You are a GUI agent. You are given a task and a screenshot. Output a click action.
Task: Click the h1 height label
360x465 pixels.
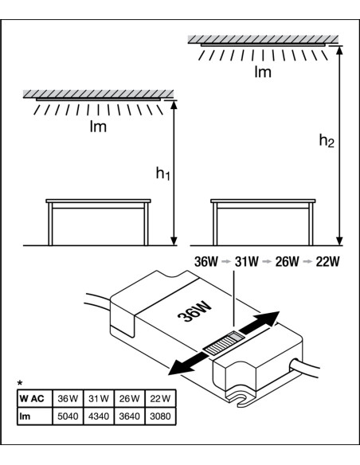[x=162, y=174]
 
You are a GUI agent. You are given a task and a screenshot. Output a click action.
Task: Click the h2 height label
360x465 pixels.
[x=327, y=141]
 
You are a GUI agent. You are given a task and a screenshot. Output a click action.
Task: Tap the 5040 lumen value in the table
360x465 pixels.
[x=68, y=416]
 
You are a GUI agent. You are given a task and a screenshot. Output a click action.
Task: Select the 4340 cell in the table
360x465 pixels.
[x=99, y=416]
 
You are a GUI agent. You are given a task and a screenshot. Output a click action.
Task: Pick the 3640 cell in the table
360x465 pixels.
[x=130, y=416]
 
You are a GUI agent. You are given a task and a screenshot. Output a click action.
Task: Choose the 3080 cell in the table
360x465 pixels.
[x=160, y=416]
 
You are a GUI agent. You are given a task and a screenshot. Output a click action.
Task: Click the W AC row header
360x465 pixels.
[x=32, y=398]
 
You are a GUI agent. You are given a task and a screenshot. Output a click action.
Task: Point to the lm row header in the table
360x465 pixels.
[x=25, y=416]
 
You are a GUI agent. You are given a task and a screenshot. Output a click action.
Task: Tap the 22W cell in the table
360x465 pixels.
[x=160, y=398]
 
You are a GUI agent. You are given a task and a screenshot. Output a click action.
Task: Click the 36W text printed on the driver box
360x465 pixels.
[x=194, y=312]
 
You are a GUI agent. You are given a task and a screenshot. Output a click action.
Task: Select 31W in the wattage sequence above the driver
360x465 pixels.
[x=246, y=261]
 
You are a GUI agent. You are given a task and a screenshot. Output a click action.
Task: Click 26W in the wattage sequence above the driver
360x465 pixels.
[x=287, y=261]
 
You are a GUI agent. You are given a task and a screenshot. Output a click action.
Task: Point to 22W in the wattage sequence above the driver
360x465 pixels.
[x=327, y=261]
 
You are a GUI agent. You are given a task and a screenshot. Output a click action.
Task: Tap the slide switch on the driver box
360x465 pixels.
[x=225, y=343]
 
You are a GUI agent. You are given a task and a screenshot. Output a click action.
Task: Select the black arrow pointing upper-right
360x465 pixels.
[x=260, y=322]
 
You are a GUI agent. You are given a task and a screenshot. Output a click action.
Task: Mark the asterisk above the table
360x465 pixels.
[x=20, y=382]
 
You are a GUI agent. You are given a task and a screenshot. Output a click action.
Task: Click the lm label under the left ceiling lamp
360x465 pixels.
[x=98, y=127]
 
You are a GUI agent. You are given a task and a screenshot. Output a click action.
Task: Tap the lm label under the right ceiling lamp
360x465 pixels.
[x=263, y=72]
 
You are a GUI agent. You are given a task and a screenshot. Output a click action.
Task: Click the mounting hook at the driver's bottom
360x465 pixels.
[x=239, y=400]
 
